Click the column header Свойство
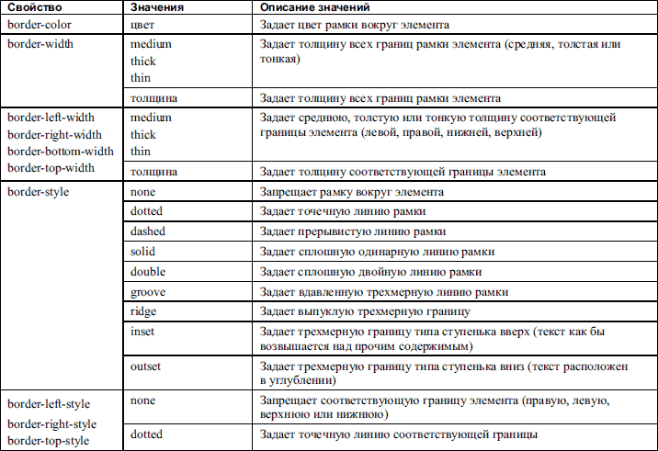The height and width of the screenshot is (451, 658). [31, 7]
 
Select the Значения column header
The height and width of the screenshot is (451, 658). [158, 7]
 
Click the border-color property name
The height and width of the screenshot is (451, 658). [42, 25]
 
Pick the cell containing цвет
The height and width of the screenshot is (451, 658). [144, 25]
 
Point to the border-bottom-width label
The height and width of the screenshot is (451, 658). [61, 152]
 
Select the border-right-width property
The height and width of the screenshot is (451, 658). [56, 135]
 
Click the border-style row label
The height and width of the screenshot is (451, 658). [38, 192]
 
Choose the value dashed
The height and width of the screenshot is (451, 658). [148, 231]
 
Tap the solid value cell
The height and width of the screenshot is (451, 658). [142, 252]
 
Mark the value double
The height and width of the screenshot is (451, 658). [147, 272]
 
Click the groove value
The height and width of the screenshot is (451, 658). [147, 292]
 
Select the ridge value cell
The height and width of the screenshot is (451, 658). [142, 312]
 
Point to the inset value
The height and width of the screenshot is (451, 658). [142, 332]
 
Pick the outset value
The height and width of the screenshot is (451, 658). [145, 366]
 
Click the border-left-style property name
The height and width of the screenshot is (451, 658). [49, 403]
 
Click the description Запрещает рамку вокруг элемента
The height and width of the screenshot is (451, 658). [353, 192]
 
